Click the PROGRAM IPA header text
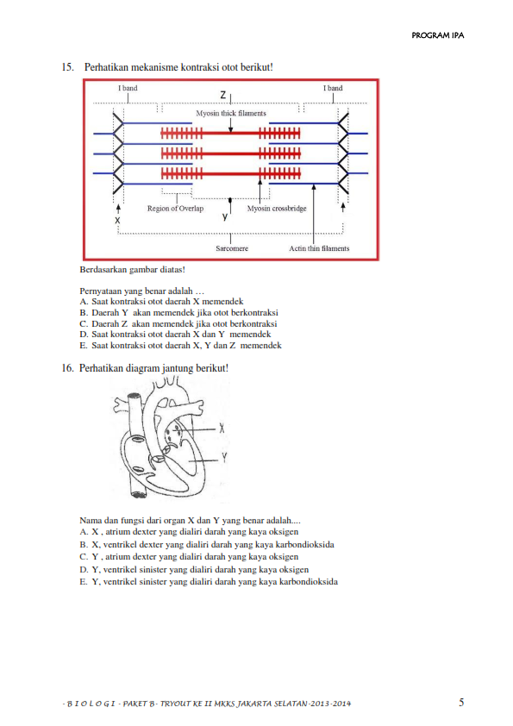click(x=437, y=35)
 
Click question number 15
click(x=67, y=67)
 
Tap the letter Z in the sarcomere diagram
click(x=223, y=95)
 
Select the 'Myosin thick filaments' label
click(x=231, y=113)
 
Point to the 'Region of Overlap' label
click(x=176, y=209)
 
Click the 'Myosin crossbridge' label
click(x=277, y=209)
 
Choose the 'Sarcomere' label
click(x=232, y=248)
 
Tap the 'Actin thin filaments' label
click(x=320, y=248)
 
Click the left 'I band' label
click(x=128, y=88)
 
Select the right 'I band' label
click(x=333, y=88)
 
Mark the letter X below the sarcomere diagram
click(x=117, y=221)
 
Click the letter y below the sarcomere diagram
click(x=225, y=216)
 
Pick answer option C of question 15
click(x=178, y=323)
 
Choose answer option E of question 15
click(x=180, y=346)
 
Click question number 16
click(x=67, y=368)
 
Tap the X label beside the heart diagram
click(x=222, y=429)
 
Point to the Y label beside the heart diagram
click(x=224, y=458)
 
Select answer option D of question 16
click(x=194, y=569)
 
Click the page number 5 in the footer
click(x=461, y=703)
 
